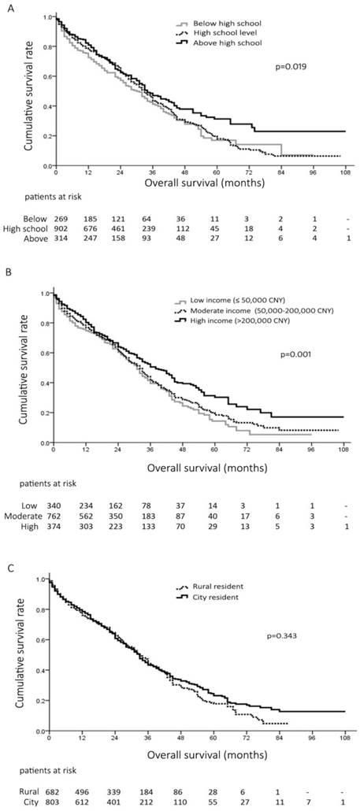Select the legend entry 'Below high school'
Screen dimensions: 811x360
[x=232, y=24]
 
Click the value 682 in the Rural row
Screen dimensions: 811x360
[x=58, y=791]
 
